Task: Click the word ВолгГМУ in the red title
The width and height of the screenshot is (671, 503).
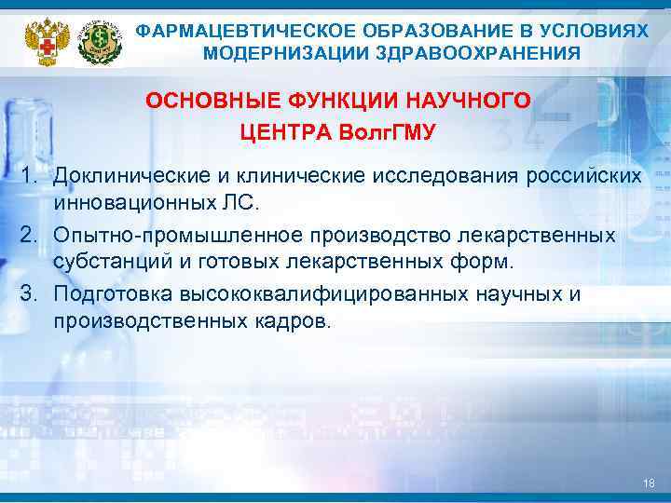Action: click(385, 131)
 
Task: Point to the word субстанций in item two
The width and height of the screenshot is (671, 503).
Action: click(102, 261)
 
